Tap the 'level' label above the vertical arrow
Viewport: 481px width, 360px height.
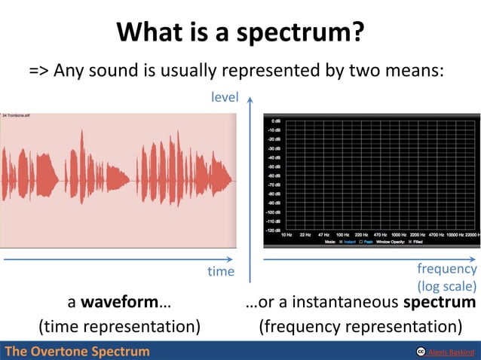[225, 97]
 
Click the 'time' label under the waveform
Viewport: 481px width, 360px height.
[221, 271]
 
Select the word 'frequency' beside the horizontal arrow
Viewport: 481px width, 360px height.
[446, 269]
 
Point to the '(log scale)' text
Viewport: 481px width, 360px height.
[446, 286]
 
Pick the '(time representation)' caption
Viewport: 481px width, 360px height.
[119, 327]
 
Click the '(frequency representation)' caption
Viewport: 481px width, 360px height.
[360, 327]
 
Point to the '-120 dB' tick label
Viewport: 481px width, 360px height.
[274, 231]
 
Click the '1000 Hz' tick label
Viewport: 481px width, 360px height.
[400, 236]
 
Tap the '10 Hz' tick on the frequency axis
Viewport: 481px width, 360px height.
[286, 236]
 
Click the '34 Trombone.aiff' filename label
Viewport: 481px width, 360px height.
[15, 115]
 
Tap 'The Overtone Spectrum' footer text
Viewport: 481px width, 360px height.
[77, 352]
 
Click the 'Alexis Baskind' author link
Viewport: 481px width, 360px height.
[452, 352]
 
